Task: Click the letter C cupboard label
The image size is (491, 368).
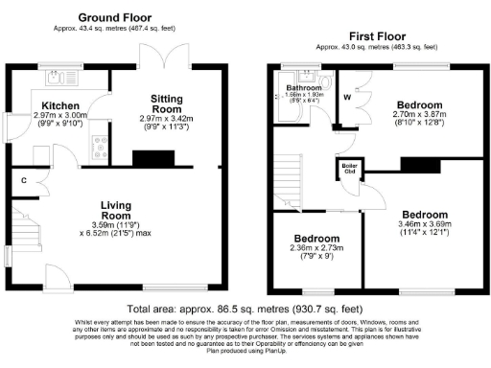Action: click(x=22, y=179)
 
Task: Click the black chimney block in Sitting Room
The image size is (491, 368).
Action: click(x=152, y=159)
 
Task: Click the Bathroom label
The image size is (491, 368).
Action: click(x=305, y=87)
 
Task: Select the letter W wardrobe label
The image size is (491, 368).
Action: click(x=347, y=97)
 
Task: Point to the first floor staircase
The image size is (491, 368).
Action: click(x=292, y=182)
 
